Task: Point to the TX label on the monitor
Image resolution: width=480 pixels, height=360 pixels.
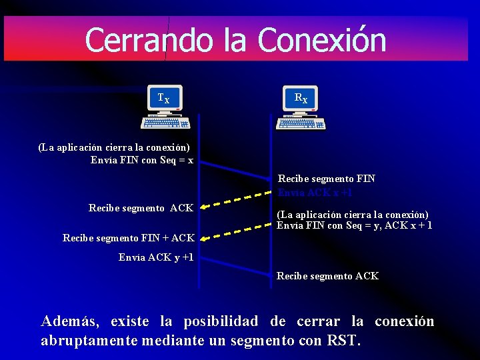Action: click(x=163, y=99)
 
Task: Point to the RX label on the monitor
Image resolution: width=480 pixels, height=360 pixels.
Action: click(x=301, y=99)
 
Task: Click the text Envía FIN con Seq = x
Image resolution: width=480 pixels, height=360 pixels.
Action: click(x=142, y=160)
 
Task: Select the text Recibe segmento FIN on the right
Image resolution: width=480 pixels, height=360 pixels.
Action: click(x=326, y=179)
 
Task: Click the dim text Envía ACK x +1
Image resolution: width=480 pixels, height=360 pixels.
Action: click(x=315, y=193)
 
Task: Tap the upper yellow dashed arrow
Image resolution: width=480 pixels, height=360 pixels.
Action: click(x=234, y=201)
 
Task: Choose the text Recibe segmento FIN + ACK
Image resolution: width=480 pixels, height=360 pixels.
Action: click(x=128, y=237)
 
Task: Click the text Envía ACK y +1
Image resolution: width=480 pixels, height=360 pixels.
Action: click(x=156, y=257)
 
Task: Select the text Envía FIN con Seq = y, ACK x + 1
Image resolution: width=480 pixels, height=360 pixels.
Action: click(x=354, y=225)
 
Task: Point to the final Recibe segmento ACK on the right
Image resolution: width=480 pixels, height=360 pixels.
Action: click(x=327, y=276)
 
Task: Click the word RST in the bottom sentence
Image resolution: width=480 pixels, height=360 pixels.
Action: click(x=342, y=341)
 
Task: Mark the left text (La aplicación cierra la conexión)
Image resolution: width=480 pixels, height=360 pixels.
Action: click(x=114, y=147)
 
